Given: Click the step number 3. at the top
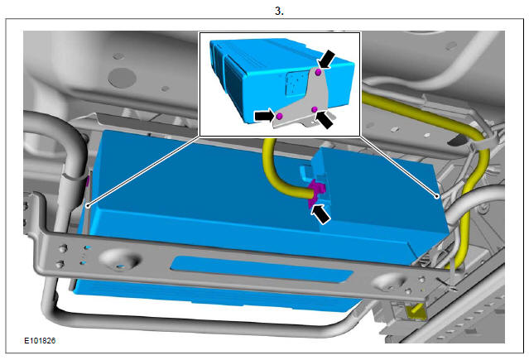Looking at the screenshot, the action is point(279,11).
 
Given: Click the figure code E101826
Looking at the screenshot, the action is point(40,341).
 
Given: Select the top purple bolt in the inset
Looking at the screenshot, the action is point(318,72).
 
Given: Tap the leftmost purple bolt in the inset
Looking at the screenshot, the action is point(279,116).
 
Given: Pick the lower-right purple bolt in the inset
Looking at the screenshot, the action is point(315,109).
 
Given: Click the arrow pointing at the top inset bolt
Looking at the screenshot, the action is point(327,60).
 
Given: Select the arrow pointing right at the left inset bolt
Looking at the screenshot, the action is point(264,116).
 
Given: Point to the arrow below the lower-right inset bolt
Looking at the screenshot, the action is point(325,120).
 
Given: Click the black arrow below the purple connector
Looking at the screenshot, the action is point(320,214).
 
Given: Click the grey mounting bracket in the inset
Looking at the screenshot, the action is point(304,101).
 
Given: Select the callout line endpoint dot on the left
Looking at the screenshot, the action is point(88,205).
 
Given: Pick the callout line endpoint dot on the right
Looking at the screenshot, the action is point(437,196).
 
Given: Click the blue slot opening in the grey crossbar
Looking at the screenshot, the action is point(262,269).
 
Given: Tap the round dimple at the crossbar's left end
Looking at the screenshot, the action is point(120,259).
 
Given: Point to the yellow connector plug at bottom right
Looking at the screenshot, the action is point(417,312).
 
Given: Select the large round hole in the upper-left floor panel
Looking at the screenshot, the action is point(123,78).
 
